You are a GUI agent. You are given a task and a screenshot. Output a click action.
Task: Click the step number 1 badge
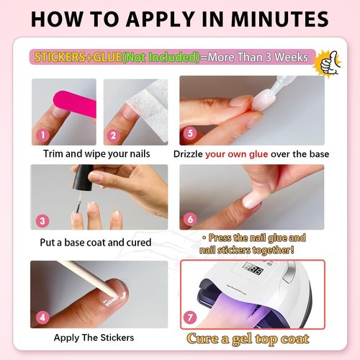pos(42,135)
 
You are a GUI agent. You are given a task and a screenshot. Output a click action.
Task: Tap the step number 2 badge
pos(113,135)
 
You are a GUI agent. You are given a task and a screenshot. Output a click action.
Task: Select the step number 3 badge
pos(42,221)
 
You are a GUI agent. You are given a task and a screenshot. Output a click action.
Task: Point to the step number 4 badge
pos(42,318)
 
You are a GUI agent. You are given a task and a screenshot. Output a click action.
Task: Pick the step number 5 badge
pos(190,133)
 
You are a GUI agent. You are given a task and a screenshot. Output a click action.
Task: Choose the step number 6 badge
pos(190,219)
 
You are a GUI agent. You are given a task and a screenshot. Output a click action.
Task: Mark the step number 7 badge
pos(190,318)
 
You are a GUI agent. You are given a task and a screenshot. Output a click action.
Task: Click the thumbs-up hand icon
pos(329,63)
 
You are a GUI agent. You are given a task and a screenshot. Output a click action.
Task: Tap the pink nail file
pos(74,104)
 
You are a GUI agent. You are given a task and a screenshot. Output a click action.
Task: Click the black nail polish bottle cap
pos(84,178)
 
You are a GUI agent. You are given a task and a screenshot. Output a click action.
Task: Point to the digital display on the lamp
pos(254,269)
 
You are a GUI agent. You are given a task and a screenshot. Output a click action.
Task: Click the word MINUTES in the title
pos(280,19)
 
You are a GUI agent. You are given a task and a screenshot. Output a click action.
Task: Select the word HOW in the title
pos(57,19)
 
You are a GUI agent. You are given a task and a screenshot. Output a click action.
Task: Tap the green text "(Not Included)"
pos(161,57)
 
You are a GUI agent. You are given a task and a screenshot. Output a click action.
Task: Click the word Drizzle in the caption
pos(188,154)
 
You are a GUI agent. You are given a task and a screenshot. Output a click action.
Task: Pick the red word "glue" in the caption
pos(258,154)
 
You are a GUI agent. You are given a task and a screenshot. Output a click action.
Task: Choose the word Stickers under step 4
pos(117,338)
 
